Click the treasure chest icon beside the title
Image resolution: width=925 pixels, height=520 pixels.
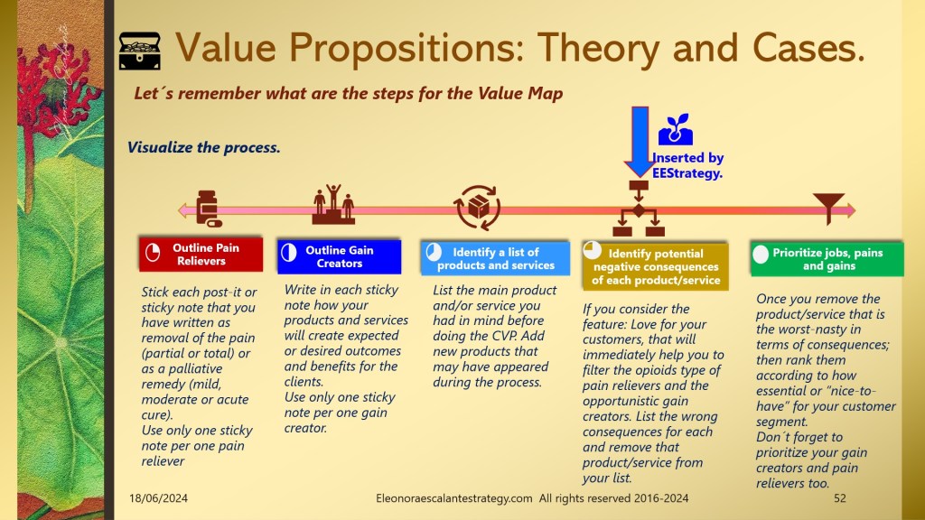(140, 51)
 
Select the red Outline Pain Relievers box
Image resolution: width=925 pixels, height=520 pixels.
(201, 254)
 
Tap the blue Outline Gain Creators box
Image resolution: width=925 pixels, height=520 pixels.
(340, 256)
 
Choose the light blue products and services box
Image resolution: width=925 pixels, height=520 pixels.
(496, 258)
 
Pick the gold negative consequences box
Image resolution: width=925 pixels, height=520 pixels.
(656, 266)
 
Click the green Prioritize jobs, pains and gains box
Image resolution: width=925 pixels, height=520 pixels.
(827, 259)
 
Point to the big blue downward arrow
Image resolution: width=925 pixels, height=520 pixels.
(640, 142)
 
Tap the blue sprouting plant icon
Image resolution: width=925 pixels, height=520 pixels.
(676, 130)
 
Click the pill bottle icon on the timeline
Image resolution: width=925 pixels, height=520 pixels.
(209, 209)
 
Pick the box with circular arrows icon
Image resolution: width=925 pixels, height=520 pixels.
(477, 207)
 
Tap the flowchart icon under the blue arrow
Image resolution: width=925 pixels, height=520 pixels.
(639, 209)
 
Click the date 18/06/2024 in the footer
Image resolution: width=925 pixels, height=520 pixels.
(159, 498)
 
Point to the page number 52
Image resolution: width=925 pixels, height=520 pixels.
(840, 498)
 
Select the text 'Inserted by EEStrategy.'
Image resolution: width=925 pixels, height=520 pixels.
(687, 166)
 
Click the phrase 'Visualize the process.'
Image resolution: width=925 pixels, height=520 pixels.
(204, 147)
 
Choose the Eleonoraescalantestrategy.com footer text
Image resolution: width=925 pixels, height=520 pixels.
(454, 498)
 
